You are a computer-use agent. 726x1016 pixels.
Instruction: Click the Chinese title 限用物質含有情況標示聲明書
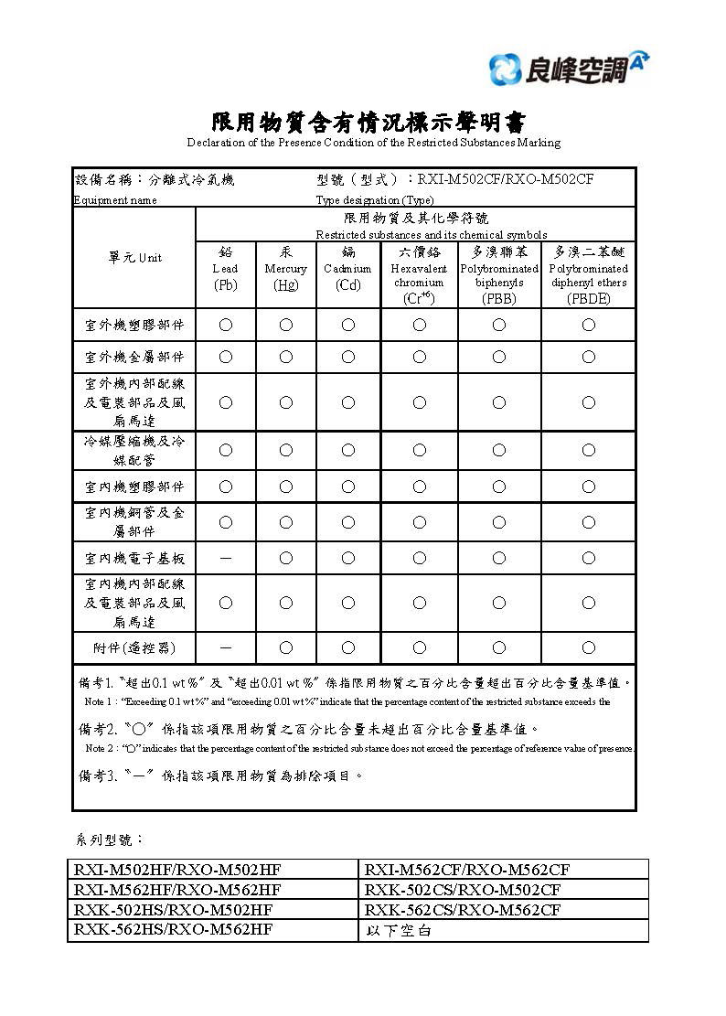[x=369, y=123]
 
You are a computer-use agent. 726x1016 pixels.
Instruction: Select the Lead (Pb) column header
[x=225, y=269]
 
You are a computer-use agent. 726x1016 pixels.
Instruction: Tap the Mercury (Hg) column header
[x=285, y=269]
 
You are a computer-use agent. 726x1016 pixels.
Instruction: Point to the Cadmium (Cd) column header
[x=347, y=269]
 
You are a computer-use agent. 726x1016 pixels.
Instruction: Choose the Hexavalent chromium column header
[x=419, y=274]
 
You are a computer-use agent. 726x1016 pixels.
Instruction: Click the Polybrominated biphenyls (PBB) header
[x=499, y=274]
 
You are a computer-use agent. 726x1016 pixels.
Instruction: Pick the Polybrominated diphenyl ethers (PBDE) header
[x=588, y=274]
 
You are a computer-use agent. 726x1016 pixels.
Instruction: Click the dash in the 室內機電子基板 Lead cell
[x=225, y=558]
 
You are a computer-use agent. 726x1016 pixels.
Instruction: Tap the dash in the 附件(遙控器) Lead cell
[x=225, y=647]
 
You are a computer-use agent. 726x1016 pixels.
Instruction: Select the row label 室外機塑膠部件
[x=134, y=325]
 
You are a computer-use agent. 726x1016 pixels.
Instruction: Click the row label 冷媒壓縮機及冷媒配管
[x=134, y=450]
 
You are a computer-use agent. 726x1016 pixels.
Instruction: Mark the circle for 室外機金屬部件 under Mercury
[x=285, y=357]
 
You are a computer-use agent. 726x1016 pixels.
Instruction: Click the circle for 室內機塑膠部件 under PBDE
[x=588, y=487]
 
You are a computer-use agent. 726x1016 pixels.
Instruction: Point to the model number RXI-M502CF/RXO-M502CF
[x=506, y=179]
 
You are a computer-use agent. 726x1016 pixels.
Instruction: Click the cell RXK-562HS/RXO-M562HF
[x=173, y=929]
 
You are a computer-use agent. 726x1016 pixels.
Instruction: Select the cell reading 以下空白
[x=398, y=931]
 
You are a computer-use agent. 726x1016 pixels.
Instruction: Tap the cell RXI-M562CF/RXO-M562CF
[x=467, y=870]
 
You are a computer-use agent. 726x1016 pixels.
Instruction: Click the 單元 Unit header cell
[x=134, y=258]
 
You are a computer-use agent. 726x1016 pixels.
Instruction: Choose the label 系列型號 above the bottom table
[x=108, y=839]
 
